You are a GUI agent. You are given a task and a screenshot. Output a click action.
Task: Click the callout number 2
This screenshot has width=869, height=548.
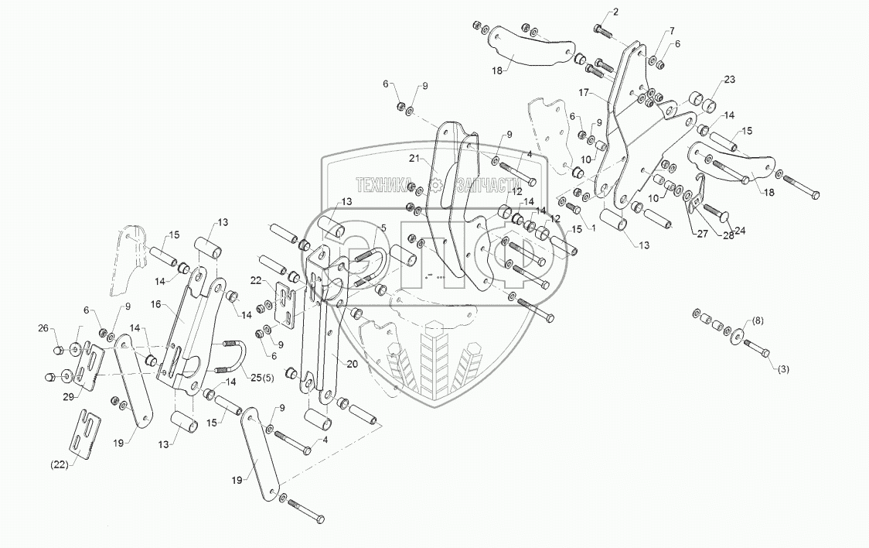pyautogui.click(x=615, y=12)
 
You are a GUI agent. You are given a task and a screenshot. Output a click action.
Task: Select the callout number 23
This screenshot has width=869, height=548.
pyautogui.click(x=729, y=80)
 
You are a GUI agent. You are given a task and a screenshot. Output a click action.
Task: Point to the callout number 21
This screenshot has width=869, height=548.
pyautogui.click(x=414, y=159)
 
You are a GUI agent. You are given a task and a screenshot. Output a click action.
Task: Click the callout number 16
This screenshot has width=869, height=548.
pyautogui.click(x=157, y=305)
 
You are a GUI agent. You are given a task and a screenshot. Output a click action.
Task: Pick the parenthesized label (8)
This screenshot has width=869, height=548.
pyautogui.click(x=757, y=320)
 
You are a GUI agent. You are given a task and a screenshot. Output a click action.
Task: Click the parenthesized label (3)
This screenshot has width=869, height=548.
pyautogui.click(x=782, y=369)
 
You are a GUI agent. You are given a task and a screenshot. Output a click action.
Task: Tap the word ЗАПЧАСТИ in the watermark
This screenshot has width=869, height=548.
pyautogui.click(x=484, y=184)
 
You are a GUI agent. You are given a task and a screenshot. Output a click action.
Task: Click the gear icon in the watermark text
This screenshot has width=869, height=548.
pyautogui.click(x=437, y=184)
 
